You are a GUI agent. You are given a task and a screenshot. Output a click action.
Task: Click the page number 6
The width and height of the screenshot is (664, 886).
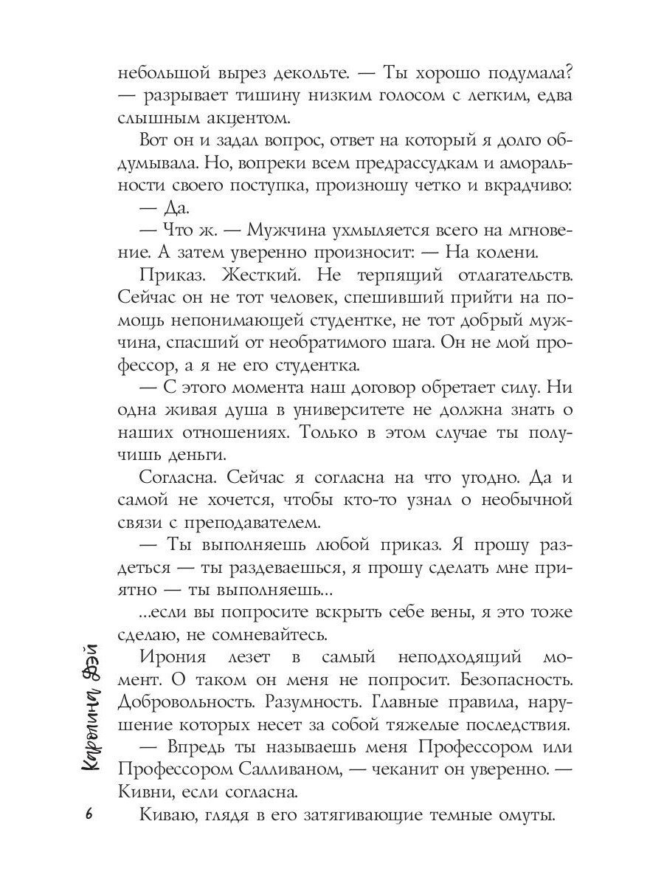(x=89, y=814)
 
